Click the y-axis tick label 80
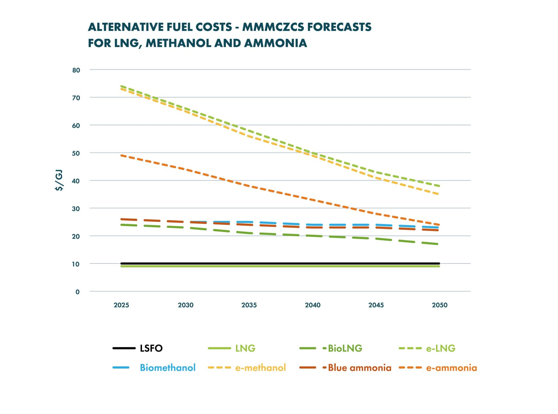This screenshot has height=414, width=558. (x=76, y=70)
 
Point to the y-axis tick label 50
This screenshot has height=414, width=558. (x=76, y=153)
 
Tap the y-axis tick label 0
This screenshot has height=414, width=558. (x=78, y=292)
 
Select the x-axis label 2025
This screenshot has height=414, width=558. (x=121, y=305)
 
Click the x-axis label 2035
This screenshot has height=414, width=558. (x=249, y=305)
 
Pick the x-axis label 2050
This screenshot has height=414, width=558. (x=439, y=305)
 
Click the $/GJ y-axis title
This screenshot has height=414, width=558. (x=59, y=180)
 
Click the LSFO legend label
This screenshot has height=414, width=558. (x=151, y=348)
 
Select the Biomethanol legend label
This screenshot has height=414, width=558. (x=168, y=368)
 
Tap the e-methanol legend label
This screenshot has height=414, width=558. (x=260, y=368)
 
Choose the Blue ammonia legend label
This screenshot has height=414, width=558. (x=359, y=368)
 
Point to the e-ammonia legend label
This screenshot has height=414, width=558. (x=451, y=368)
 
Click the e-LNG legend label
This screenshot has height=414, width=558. (x=441, y=348)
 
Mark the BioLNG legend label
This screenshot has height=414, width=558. (x=345, y=348)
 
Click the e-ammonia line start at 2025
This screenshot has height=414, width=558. (x=122, y=155)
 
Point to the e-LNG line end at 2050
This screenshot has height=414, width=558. (x=439, y=186)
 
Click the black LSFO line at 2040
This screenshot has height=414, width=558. (x=313, y=264)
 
